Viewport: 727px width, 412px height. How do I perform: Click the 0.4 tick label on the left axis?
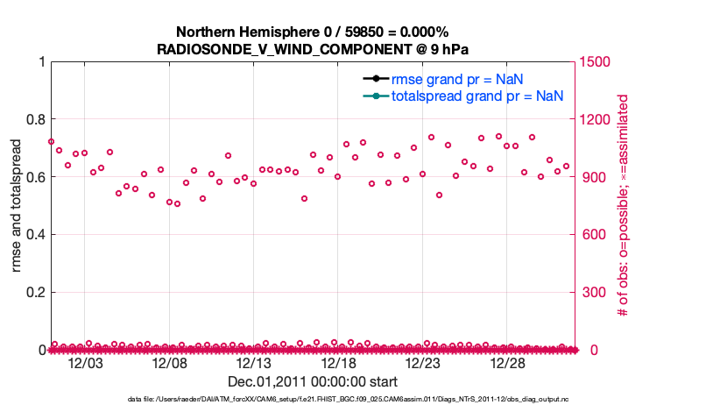35,235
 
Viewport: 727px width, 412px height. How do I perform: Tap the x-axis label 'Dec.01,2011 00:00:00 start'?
313,381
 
